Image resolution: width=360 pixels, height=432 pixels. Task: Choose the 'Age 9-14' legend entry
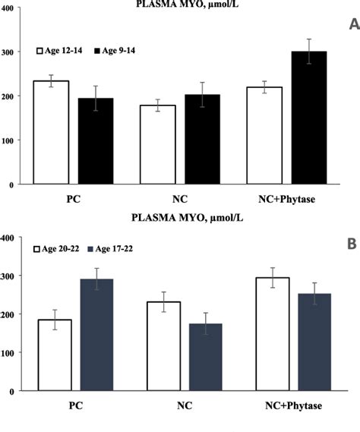click(x=119, y=50)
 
